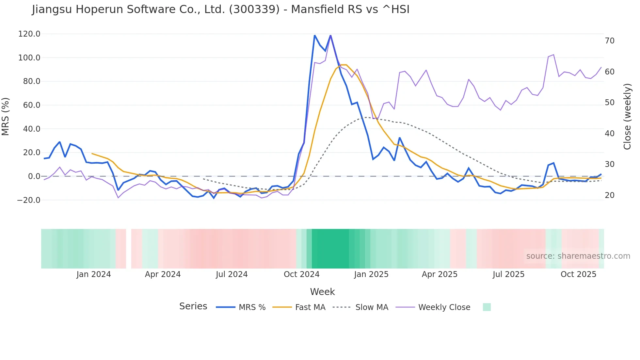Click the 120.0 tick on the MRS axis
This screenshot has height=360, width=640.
click(x=29, y=34)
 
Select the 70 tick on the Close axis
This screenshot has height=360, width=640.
click(x=609, y=41)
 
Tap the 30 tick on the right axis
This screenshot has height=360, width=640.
click(x=609, y=164)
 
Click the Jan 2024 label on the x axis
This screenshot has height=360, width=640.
click(x=93, y=274)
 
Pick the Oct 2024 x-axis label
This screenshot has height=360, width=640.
click(x=301, y=274)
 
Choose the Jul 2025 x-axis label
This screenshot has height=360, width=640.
click(x=508, y=274)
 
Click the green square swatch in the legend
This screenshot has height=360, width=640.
click(x=487, y=307)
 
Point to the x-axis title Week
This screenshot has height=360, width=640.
click(x=322, y=292)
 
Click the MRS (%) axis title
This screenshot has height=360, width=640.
click(x=6, y=117)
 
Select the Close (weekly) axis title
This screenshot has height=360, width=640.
click(x=627, y=117)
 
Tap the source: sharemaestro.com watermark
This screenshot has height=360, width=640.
click(x=578, y=256)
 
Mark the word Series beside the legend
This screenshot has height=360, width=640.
click(x=193, y=306)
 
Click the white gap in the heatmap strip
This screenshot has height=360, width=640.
click(x=129, y=249)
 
